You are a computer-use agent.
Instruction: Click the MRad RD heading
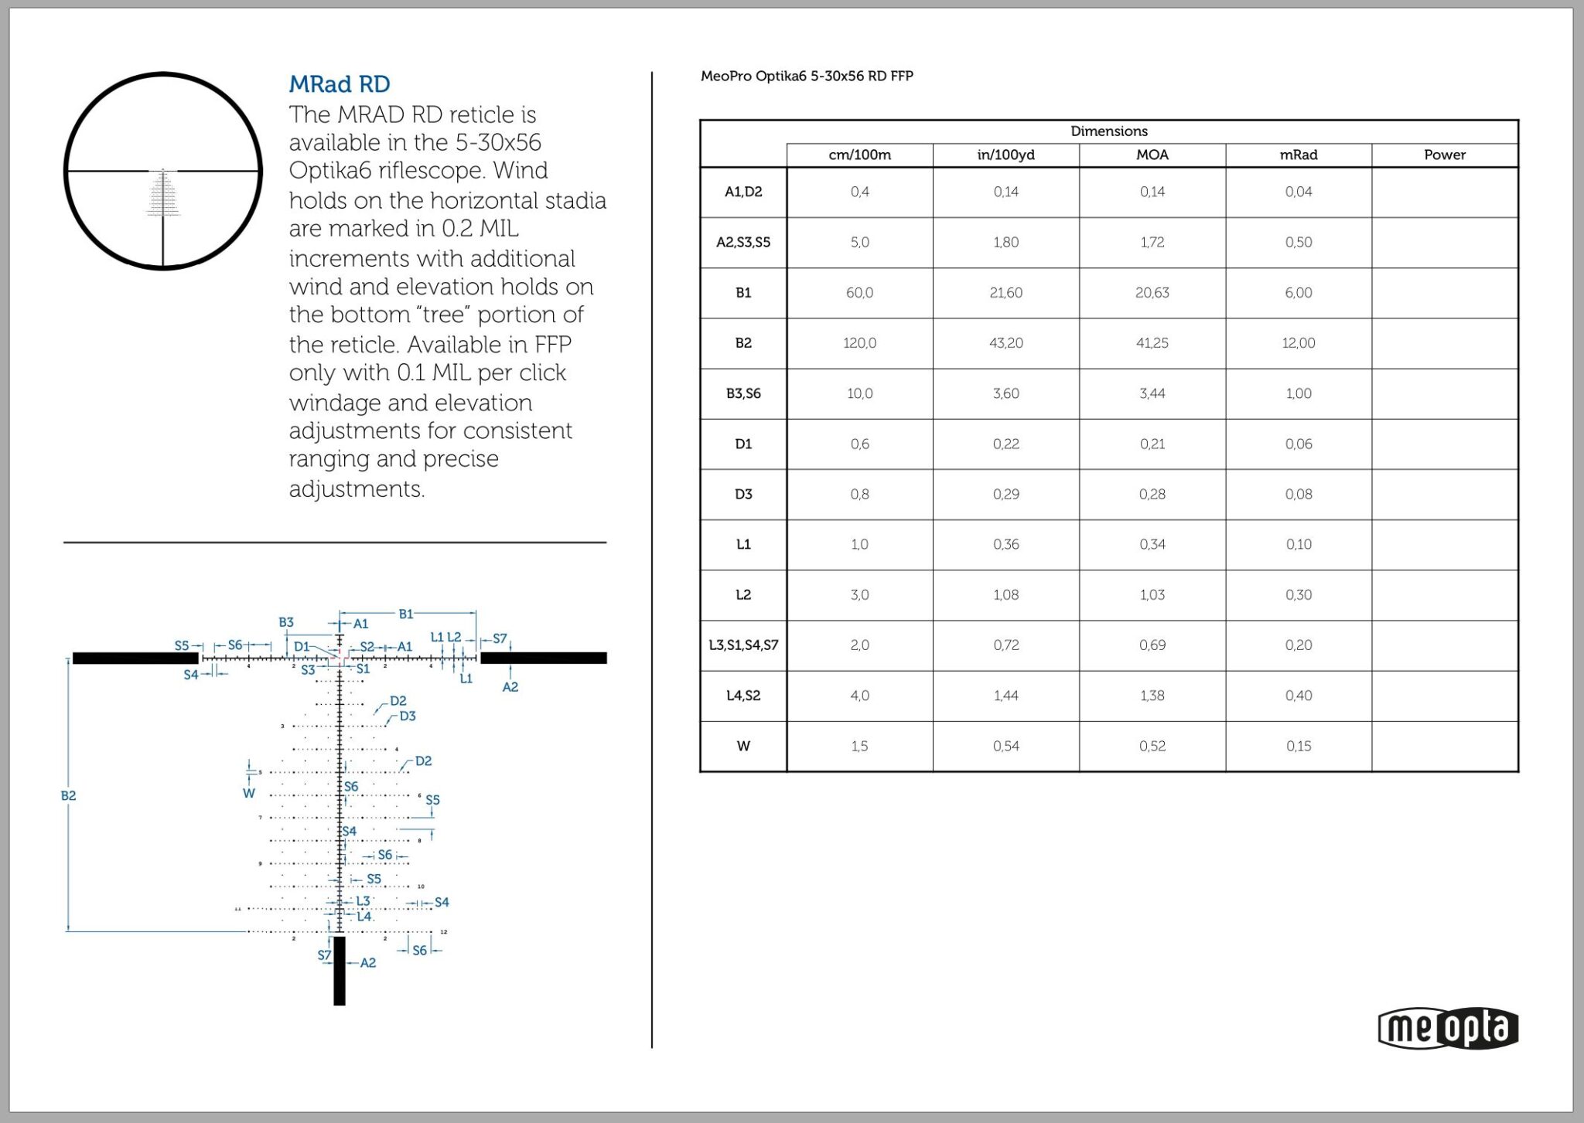339,83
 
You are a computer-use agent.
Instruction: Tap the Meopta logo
1448,1029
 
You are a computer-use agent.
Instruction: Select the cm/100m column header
859,155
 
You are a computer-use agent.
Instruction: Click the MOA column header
1152,155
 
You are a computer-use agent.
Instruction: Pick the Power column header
1444,155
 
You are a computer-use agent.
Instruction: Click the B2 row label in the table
742,342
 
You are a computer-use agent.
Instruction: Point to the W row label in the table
742,746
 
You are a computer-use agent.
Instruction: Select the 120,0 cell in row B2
859,342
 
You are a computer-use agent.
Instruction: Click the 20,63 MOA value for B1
1152,292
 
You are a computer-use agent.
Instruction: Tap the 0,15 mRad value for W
1298,746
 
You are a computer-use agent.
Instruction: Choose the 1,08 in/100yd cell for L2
1005,594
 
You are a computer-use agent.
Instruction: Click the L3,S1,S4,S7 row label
742,645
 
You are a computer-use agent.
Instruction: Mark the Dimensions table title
1108,131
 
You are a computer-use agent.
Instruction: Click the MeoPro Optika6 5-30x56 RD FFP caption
807,76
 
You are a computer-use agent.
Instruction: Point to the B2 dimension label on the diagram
68,795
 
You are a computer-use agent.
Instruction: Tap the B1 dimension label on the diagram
406,614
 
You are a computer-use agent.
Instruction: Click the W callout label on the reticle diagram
248,793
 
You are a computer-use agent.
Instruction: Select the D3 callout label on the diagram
408,716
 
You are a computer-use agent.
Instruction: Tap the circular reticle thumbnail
162,171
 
